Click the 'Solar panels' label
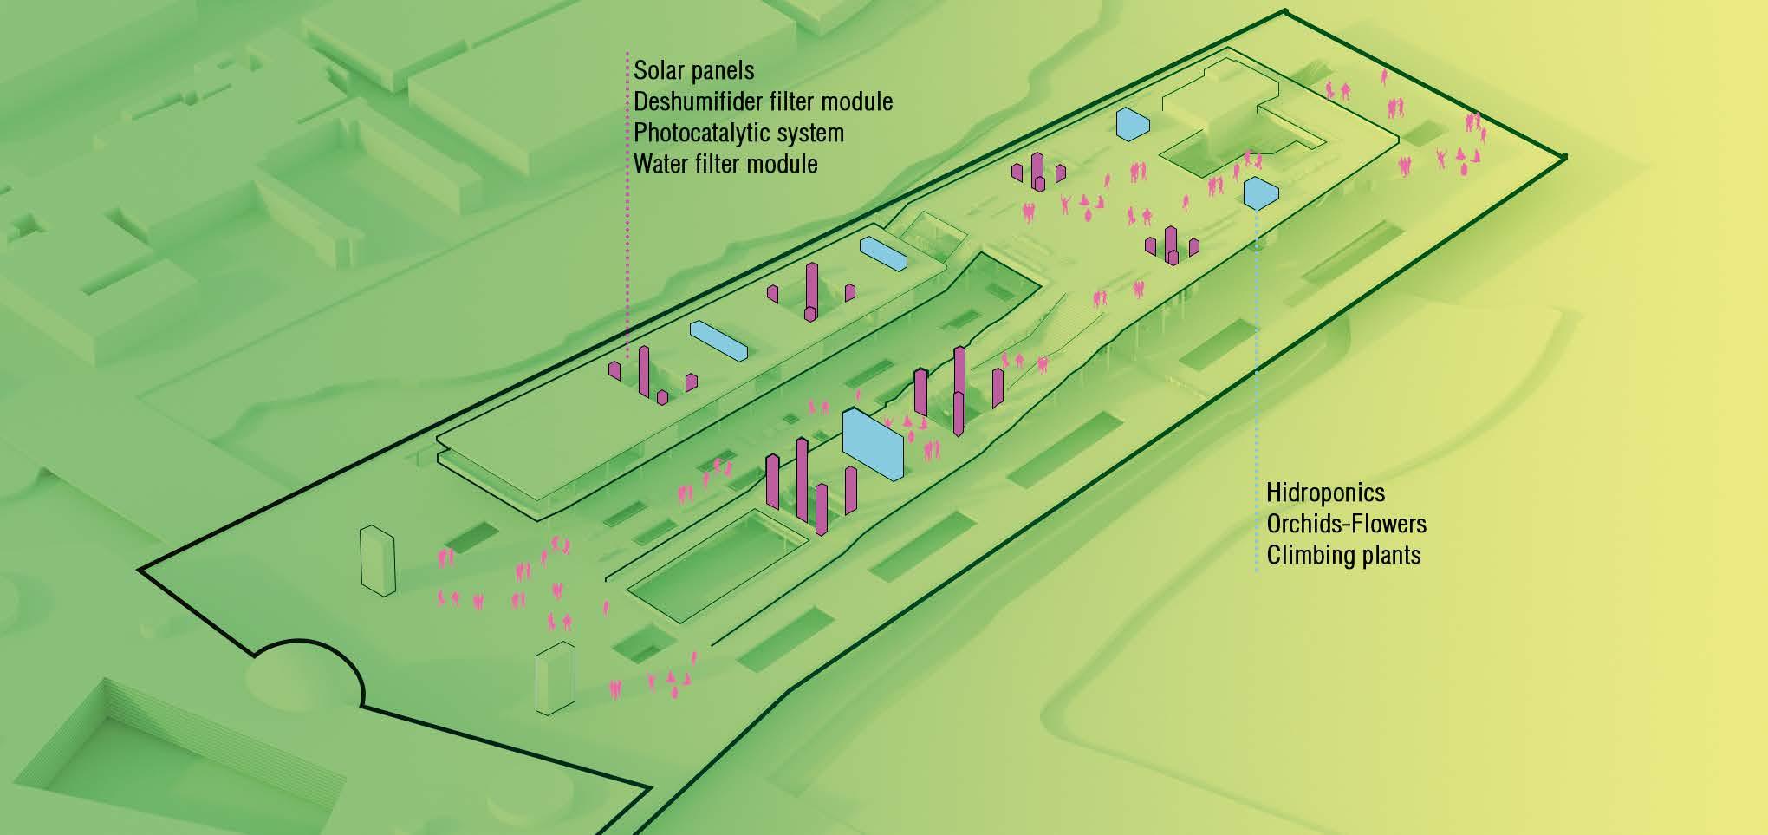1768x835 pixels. tap(693, 70)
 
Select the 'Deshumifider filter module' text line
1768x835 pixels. tap(763, 101)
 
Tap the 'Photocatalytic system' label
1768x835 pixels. tap(738, 133)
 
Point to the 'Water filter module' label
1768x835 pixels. tap(725, 164)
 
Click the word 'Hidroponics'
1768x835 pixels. tap(1325, 493)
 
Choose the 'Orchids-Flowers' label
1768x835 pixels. tap(1346, 524)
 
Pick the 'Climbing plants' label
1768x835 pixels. tap(1343, 555)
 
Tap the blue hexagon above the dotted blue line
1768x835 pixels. tap(1260, 192)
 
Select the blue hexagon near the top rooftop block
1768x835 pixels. tap(1133, 124)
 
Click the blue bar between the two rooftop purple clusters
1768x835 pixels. tap(718, 341)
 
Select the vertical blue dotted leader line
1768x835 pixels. tap(1257, 390)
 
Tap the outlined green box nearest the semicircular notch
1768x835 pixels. tap(555, 678)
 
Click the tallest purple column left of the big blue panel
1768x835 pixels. tap(801, 480)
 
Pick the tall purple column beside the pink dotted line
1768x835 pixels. tap(644, 371)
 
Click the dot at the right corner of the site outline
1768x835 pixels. tap(1564, 157)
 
